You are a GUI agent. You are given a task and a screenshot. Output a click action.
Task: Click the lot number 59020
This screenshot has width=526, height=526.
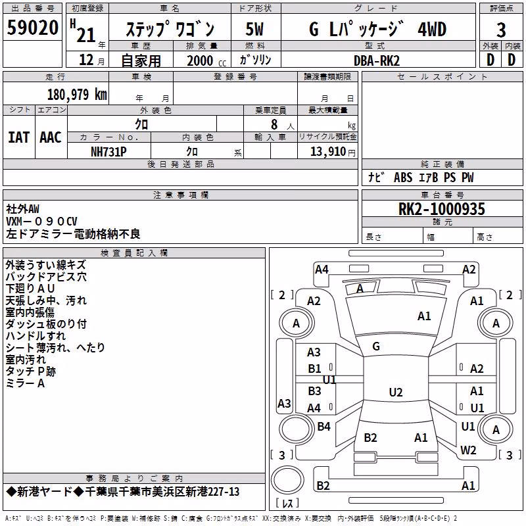click(x=32, y=28)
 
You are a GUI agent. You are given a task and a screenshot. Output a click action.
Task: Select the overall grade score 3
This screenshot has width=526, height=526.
click(x=501, y=30)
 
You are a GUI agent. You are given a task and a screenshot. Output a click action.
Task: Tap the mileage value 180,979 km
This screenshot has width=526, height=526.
click(x=77, y=94)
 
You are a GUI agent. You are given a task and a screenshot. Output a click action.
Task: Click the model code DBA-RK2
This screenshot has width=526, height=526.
click(x=377, y=60)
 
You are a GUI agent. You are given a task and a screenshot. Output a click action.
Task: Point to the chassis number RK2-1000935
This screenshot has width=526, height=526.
click(x=441, y=209)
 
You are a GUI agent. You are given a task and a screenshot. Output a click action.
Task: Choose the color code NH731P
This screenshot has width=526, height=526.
click(x=108, y=152)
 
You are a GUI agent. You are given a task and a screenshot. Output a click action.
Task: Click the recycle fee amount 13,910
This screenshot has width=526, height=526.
click(x=327, y=152)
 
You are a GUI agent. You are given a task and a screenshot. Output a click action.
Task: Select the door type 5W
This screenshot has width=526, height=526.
click(x=254, y=29)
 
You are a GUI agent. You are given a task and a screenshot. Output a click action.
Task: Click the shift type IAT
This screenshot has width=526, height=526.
click(x=19, y=137)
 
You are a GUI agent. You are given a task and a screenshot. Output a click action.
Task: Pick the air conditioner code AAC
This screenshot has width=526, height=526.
click(x=51, y=137)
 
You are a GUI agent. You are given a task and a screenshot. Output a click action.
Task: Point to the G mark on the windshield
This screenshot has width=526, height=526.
click(x=376, y=347)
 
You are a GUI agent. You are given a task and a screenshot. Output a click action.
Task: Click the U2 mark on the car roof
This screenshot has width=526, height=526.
click(x=396, y=392)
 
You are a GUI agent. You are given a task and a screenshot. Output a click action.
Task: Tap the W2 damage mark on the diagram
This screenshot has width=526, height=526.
click(x=468, y=450)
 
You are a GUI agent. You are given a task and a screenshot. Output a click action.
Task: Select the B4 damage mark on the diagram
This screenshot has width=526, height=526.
click(x=323, y=426)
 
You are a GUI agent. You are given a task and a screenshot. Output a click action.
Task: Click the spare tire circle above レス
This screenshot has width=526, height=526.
click(x=287, y=479)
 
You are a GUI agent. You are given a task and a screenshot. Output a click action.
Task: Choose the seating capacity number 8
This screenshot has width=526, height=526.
click(x=274, y=124)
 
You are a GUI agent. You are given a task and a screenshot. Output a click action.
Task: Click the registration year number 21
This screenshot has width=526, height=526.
click(x=86, y=35)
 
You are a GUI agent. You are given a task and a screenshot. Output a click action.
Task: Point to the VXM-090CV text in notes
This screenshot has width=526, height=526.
click(x=41, y=222)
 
